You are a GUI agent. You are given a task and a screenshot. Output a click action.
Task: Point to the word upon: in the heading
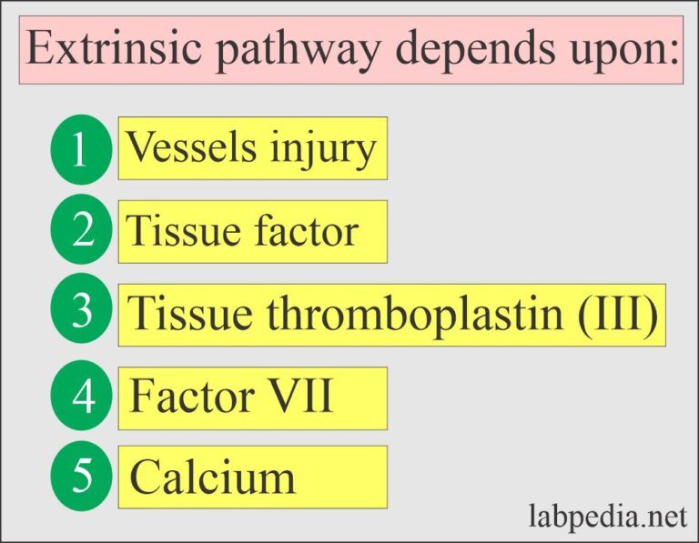624,53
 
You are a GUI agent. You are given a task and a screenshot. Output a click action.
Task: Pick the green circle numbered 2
81,231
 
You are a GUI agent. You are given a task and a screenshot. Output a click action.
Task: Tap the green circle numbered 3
81,312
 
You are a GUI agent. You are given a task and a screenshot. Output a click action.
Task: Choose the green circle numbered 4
81,397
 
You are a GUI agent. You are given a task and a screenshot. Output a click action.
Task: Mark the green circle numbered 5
81,476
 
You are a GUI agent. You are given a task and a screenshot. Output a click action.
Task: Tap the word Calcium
212,478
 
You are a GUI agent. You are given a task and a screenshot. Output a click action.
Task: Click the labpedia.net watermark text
606,518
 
